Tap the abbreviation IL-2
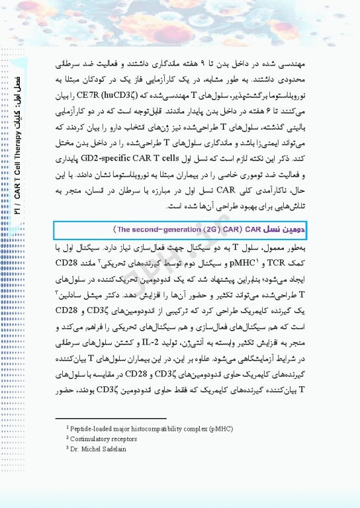[x=154, y=341]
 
